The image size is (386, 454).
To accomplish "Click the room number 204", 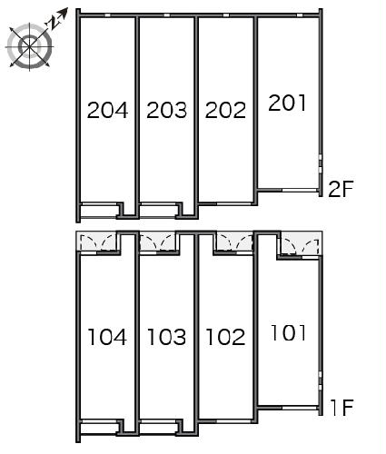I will (x=107, y=111).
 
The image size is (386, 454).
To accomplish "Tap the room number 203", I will (x=166, y=111).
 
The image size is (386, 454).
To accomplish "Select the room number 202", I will (x=226, y=111).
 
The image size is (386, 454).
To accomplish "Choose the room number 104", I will (x=107, y=338).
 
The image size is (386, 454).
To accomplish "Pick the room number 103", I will (x=166, y=338).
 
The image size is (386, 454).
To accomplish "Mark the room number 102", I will (x=226, y=338).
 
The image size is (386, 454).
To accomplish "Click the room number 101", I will (x=288, y=332).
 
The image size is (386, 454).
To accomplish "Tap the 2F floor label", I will (x=341, y=189).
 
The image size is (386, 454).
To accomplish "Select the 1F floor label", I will (x=341, y=409).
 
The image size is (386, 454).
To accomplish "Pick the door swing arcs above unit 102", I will (x=234, y=242).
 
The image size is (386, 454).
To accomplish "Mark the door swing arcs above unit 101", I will (x=299, y=242).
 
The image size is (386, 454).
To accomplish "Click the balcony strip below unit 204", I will (x=100, y=211).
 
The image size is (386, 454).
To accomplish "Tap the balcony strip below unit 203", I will (x=160, y=211).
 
